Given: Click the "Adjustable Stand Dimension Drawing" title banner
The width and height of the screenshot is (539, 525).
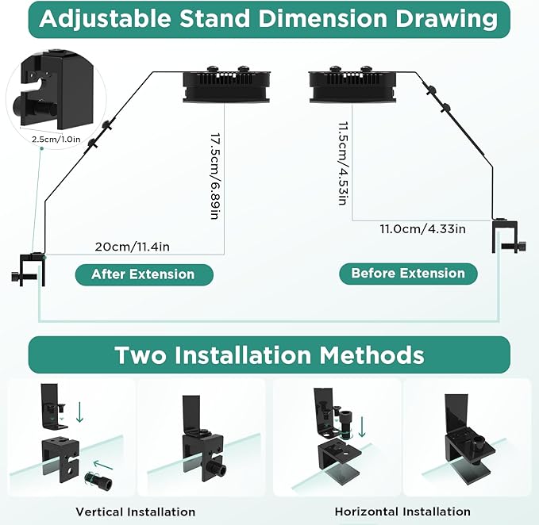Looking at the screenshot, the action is [269, 19].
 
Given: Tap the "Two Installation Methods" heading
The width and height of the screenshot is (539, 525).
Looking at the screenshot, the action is [269, 354].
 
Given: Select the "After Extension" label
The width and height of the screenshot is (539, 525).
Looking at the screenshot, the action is [144, 274].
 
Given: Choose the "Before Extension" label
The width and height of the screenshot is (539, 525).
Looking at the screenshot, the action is [408, 274].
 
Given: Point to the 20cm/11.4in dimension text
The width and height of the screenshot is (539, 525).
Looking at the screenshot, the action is [133, 247].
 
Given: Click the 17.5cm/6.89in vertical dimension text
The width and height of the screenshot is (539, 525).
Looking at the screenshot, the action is [215, 176].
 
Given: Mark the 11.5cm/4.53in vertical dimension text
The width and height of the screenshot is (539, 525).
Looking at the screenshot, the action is [344, 163].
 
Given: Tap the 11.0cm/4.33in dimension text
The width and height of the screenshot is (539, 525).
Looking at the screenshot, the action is [423, 228].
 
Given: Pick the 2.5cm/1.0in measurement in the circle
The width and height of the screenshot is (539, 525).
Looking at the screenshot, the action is [56, 139].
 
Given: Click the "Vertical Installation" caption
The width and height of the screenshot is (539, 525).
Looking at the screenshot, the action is [136, 512].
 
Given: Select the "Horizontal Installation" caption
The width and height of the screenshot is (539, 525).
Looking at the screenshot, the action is [402, 512].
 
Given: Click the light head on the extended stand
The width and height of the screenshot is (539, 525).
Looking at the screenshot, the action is [226, 85].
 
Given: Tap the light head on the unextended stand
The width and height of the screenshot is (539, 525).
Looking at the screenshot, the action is [352, 85].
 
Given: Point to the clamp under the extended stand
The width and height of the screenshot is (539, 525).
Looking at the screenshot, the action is [29, 270].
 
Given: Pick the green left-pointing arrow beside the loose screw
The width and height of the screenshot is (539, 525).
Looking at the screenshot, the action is [103, 466].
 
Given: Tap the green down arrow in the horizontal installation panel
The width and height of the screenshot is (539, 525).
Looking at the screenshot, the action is [362, 427].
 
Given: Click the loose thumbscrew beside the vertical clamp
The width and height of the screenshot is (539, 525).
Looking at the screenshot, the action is [98, 481].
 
